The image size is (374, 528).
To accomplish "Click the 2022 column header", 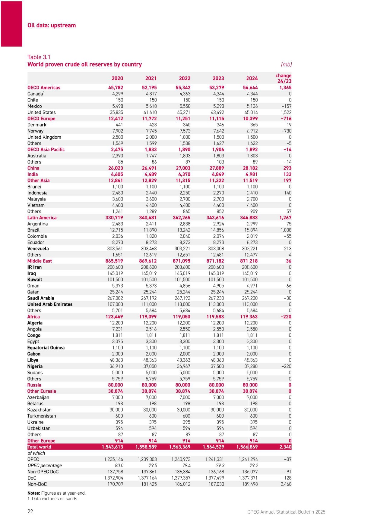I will (x=184, y=78).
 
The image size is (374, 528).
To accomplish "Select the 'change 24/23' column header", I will (x=283, y=78).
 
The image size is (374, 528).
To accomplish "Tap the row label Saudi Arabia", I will (x=41, y=298).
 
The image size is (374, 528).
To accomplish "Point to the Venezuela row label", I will (x=38, y=249).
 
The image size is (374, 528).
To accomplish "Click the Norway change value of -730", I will (x=286, y=131).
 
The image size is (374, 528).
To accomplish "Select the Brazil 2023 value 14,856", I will (x=217, y=230).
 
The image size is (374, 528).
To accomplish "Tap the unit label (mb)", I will (x=286, y=64).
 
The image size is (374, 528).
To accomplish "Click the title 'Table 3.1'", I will (x=39, y=57).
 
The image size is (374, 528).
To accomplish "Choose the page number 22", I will (x=30, y=511).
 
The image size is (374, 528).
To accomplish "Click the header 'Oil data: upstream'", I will (x=52, y=25).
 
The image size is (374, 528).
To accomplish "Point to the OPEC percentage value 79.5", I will (x=153, y=465).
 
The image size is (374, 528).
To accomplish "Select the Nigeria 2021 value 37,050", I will (x=150, y=366).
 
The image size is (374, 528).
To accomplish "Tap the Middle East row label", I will (x=40, y=261).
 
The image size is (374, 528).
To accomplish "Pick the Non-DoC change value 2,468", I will (x=286, y=484).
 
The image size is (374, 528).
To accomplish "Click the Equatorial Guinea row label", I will (x=46, y=348).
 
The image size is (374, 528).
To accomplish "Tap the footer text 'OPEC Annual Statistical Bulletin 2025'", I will (x=286, y=512).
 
